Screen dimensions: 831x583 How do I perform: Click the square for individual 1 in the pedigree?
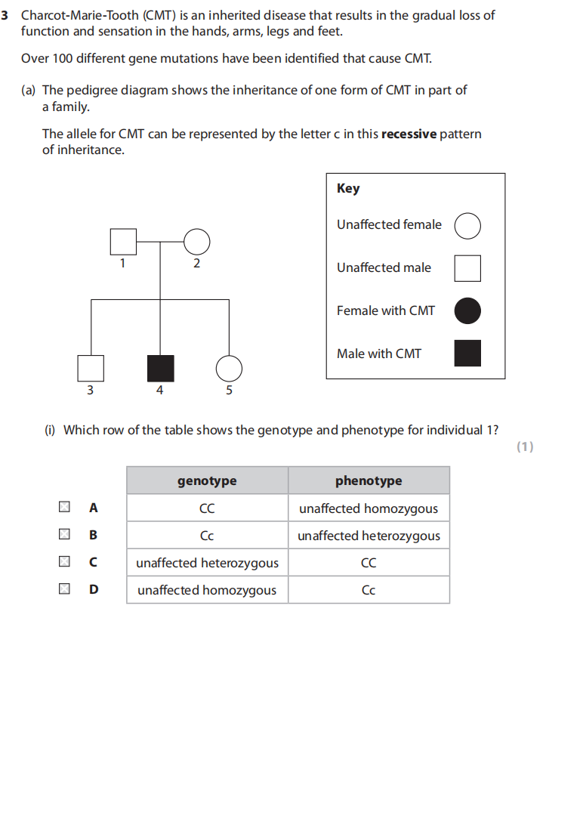[x=123, y=242]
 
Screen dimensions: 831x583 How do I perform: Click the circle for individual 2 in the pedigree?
[x=196, y=242]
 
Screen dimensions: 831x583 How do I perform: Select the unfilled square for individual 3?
[x=91, y=368]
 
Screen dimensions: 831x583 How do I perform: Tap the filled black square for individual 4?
[x=160, y=368]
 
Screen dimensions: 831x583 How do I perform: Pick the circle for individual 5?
[x=229, y=368]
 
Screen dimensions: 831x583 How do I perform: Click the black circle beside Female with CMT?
[x=467, y=310]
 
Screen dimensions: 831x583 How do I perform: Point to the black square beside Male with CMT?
[x=467, y=353]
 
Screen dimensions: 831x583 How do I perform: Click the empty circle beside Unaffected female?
[x=467, y=225]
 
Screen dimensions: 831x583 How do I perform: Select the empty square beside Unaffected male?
[x=467, y=267]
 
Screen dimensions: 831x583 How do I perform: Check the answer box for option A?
[x=65, y=508]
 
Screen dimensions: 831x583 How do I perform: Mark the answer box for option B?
[x=65, y=535]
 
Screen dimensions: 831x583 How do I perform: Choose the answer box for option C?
[x=65, y=562]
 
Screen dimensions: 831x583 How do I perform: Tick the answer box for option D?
[x=65, y=589]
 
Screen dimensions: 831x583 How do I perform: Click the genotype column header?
[x=207, y=480]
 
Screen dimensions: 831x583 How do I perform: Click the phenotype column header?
[x=369, y=480]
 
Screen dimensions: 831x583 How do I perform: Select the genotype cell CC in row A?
[x=207, y=508]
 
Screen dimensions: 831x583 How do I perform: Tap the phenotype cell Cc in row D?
[x=369, y=590]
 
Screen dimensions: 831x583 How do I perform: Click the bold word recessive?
[x=409, y=134]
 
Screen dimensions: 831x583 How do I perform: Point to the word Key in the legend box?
[x=348, y=189]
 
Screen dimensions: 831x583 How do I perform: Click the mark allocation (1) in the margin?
[x=525, y=446]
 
